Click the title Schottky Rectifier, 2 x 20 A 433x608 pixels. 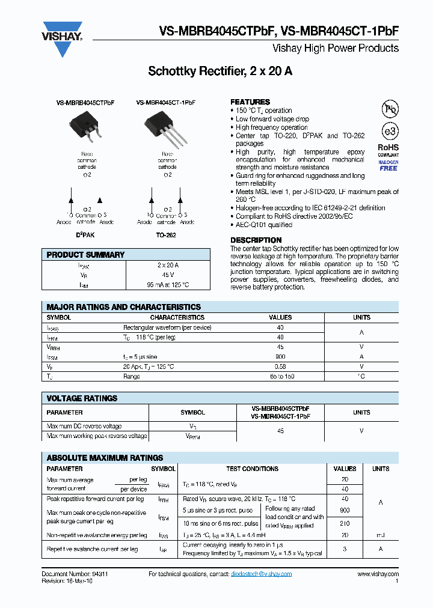pos(220,71)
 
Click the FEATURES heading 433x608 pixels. pos(250,102)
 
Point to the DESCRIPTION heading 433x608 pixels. pos(256,240)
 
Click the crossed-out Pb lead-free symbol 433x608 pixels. pos(390,109)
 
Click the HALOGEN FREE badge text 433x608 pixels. pos(388,165)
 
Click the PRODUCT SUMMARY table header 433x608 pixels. pos(85,255)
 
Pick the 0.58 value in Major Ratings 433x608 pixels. pos(280,366)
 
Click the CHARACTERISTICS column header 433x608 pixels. pos(177,317)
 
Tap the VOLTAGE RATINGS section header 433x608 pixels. pos(82,398)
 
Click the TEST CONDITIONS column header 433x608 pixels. pos(252,469)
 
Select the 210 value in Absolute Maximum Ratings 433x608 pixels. pos(345,523)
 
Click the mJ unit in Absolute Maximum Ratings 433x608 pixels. pos(380,535)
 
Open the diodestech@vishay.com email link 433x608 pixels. pos(261,574)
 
